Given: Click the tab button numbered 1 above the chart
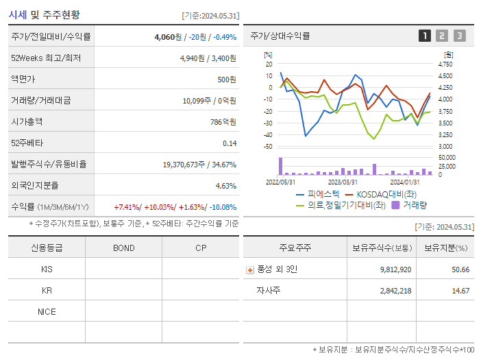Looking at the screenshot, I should click(425, 36).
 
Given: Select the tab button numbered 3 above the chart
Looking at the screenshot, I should click(459, 36).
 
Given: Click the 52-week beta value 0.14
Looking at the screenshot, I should click(230, 143).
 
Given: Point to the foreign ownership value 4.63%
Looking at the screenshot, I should click(225, 186).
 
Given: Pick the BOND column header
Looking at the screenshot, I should click(123, 248).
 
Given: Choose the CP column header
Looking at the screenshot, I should click(200, 248).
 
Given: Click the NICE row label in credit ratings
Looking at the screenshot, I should click(47, 312).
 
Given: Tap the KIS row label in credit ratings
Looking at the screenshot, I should click(47, 269).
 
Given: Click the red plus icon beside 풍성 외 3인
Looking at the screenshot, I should click(250, 270).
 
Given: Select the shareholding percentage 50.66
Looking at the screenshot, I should click(460, 269).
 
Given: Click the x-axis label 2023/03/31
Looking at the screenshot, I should click(343, 182).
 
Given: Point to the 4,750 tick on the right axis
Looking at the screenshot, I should click(445, 64).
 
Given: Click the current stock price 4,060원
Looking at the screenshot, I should click(168, 37).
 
